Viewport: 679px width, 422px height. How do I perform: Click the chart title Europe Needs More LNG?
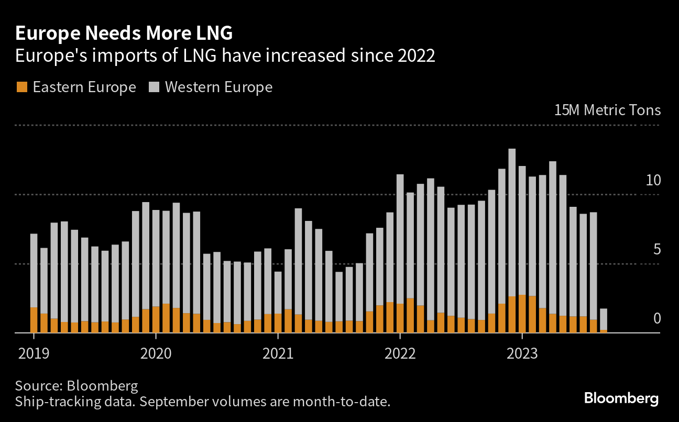coord(124,34)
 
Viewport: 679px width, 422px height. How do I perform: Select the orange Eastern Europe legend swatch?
coord(21,87)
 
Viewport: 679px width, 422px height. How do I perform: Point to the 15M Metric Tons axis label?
coord(607,110)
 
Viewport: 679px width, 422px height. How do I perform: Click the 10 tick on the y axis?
coord(653,181)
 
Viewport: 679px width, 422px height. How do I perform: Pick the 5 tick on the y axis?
coord(657,250)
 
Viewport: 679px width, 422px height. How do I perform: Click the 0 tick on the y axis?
coord(657,319)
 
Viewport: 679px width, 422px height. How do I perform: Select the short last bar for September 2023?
coord(604,319)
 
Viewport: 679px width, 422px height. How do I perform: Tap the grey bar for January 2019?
coord(34,270)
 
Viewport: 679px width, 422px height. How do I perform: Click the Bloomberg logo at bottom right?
coord(621,398)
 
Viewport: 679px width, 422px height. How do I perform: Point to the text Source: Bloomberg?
coord(76,386)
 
